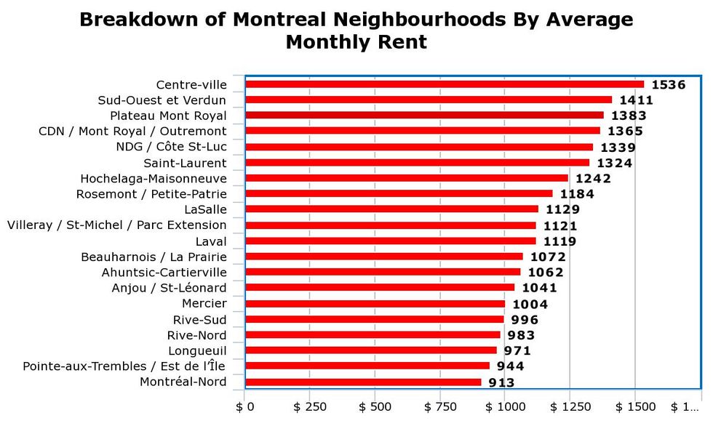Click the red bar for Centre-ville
pyautogui.click(x=444, y=84)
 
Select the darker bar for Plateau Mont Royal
pyautogui.click(x=424, y=115)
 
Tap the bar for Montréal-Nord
pyautogui.click(x=363, y=382)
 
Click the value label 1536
pyautogui.click(x=668, y=85)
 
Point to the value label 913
pyautogui.click(x=501, y=383)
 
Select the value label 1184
pyautogui.click(x=577, y=194)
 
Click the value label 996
pyautogui.click(x=524, y=320)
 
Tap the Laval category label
pyautogui.click(x=211, y=241)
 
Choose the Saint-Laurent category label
pyautogui.click(x=185, y=163)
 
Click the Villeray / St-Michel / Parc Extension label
pyautogui.click(x=117, y=225)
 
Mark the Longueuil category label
pyautogui.click(x=197, y=351)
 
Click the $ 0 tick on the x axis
pyautogui.click(x=244, y=406)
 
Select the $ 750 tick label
pyautogui.click(x=440, y=406)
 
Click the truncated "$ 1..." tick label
pyautogui.click(x=684, y=406)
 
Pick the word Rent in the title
pyautogui.click(x=400, y=42)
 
